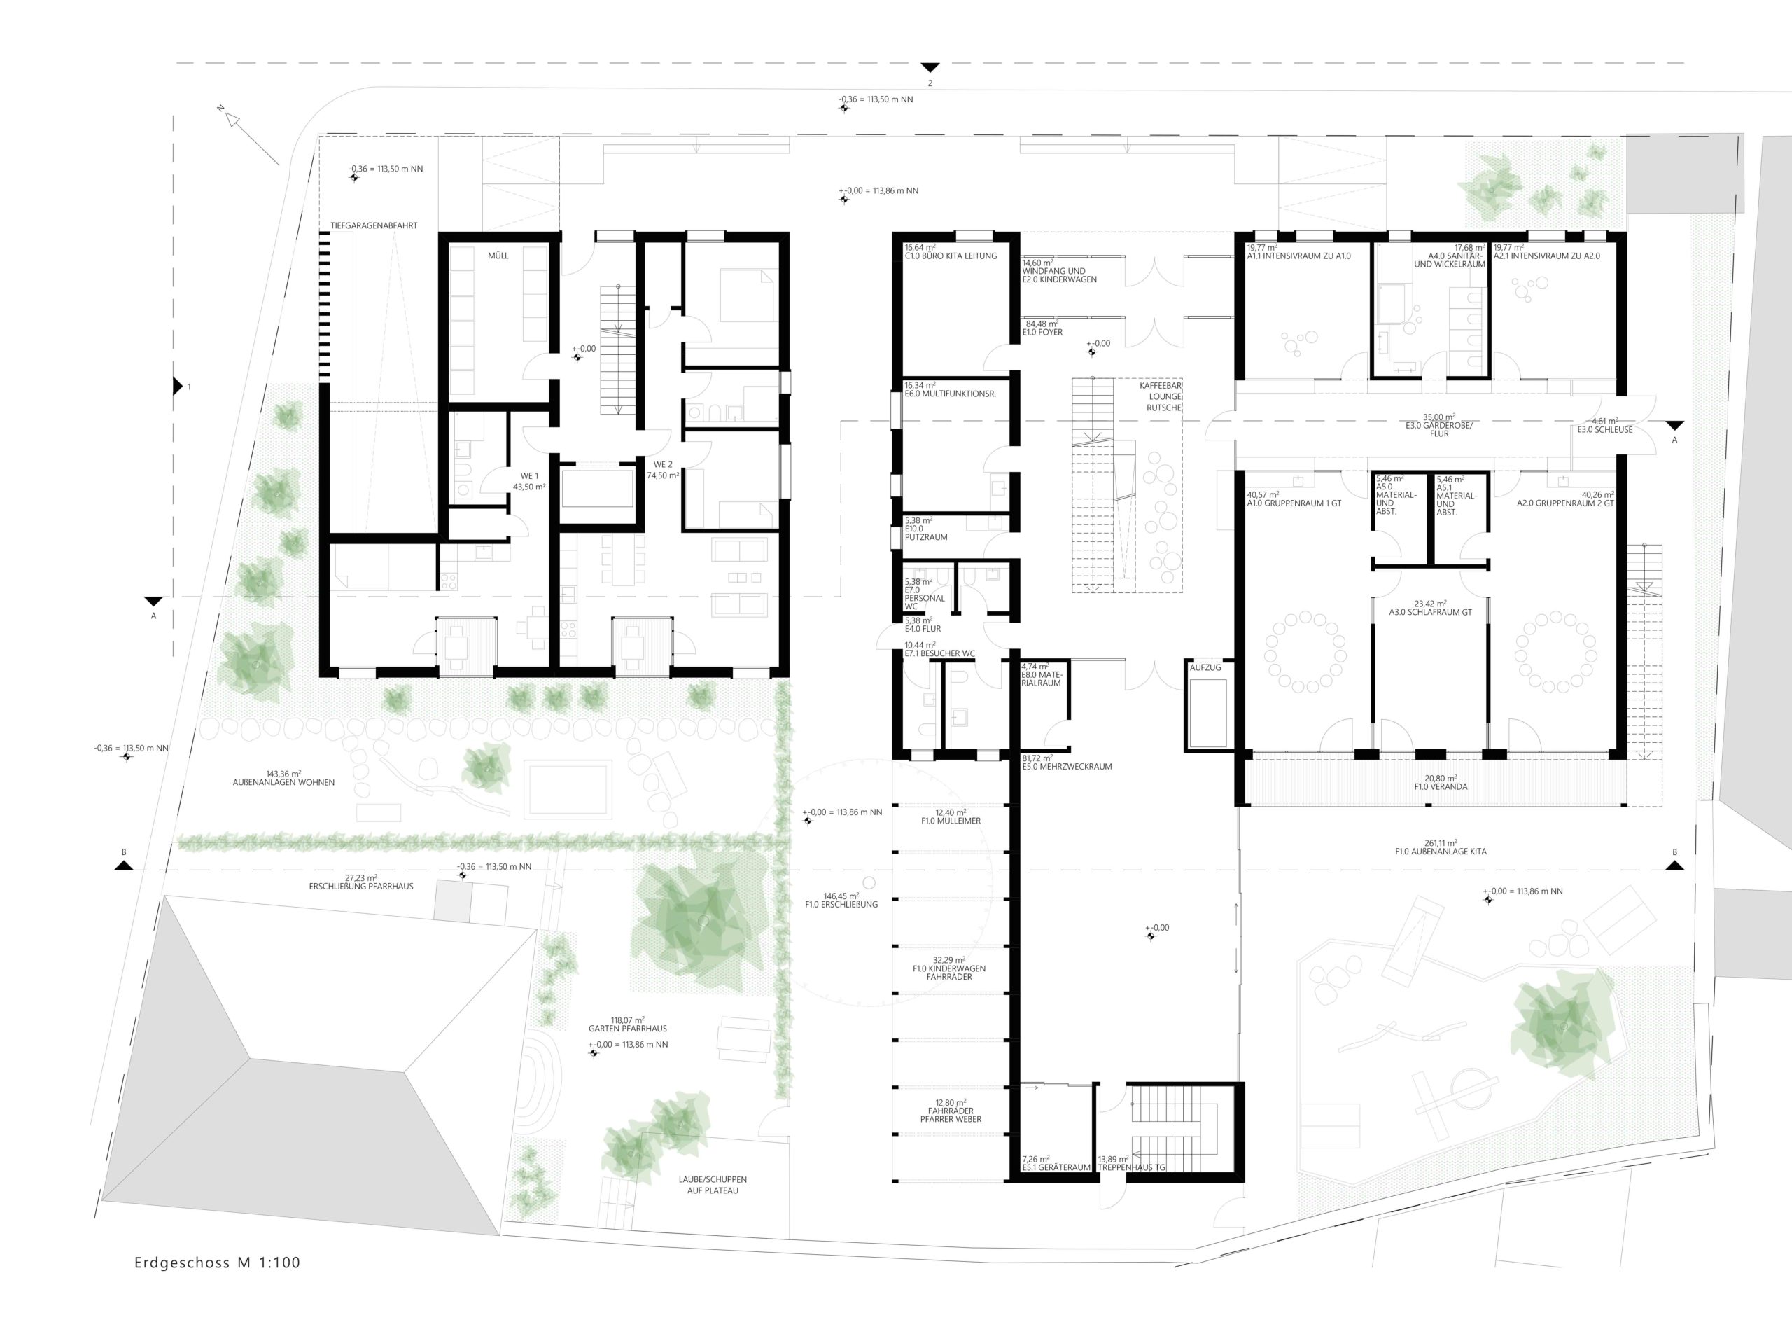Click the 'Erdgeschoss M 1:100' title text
tap(217, 1263)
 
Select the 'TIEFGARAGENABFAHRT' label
tap(374, 225)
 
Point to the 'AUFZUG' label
tap(1205, 667)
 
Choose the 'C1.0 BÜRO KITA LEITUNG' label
tap(951, 256)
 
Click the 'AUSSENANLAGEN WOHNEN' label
tap(283, 783)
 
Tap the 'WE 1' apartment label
tap(529, 475)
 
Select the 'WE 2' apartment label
tap(664, 464)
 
